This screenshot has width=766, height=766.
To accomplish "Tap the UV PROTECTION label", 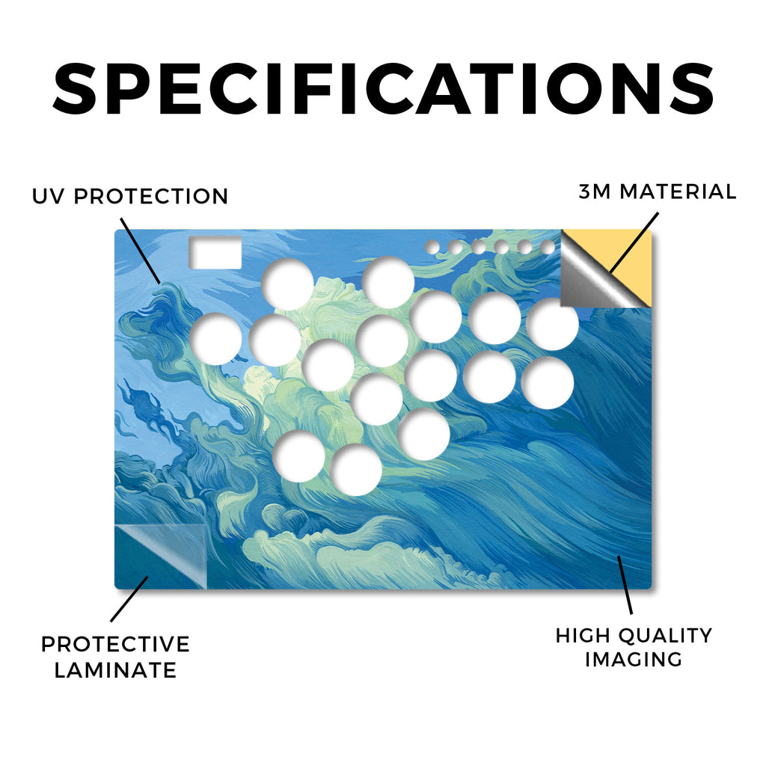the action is [x=130, y=197].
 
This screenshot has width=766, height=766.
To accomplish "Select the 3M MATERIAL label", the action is [x=658, y=191].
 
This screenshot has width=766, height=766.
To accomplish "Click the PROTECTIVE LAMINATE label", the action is [x=115, y=657].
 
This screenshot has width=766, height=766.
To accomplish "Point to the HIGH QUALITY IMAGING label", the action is [x=634, y=647].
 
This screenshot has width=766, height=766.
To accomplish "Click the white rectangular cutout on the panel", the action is [x=215, y=253].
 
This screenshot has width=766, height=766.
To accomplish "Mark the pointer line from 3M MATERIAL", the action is [x=634, y=242].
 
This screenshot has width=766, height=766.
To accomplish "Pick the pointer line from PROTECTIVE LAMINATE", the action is [x=129, y=599].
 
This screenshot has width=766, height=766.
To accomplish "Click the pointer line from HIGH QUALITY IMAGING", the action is [x=625, y=585].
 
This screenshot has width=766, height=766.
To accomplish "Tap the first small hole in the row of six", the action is [x=432, y=247].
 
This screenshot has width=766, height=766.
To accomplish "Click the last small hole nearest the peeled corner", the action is [x=548, y=247].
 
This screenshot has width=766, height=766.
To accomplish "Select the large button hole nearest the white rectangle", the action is [x=287, y=284].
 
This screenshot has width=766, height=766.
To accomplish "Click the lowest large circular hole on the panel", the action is [x=356, y=470].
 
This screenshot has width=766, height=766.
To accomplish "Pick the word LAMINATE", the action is [x=115, y=670].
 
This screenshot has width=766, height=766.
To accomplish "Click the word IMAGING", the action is [x=634, y=660].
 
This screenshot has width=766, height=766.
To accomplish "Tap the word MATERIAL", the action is [x=678, y=191].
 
